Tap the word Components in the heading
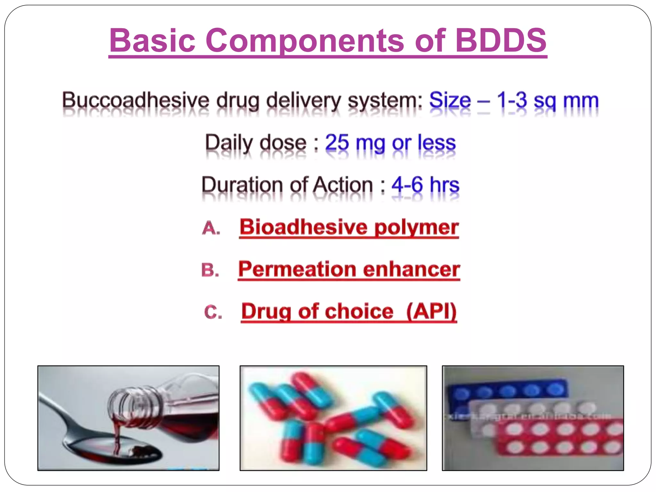click(x=305, y=40)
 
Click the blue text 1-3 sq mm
click(x=547, y=101)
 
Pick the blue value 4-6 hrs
click(x=425, y=185)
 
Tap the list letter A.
click(x=211, y=228)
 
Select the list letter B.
click(x=210, y=270)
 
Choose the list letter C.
click(x=213, y=312)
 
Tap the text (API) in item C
click(x=431, y=311)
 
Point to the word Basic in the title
click(x=152, y=40)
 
